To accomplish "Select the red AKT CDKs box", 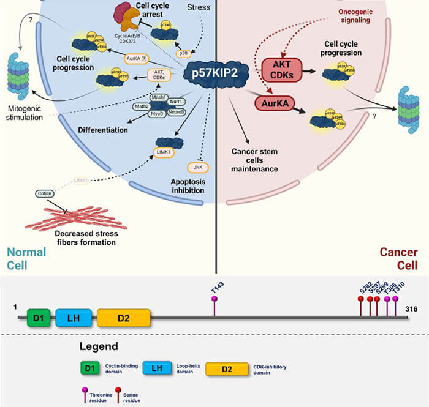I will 281,70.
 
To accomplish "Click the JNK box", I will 196,166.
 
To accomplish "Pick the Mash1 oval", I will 161,97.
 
